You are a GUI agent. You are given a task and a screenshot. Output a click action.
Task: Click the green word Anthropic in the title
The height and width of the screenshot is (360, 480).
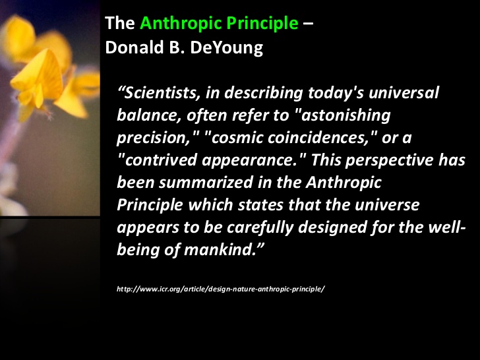181,24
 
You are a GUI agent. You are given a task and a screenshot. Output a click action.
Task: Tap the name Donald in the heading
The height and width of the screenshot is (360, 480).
135,47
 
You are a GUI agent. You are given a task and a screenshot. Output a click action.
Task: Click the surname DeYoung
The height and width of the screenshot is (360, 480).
226,48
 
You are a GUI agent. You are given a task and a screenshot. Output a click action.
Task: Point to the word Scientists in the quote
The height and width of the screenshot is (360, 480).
162,92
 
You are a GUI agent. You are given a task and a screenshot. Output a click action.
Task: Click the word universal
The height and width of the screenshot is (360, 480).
404,92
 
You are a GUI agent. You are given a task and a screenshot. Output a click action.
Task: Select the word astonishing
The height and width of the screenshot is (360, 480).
345,115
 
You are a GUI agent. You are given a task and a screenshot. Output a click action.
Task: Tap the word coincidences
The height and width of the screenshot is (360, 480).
318,137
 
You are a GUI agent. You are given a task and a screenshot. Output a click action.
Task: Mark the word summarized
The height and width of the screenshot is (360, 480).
206,183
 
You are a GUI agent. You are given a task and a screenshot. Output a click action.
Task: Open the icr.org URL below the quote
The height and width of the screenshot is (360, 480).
221,289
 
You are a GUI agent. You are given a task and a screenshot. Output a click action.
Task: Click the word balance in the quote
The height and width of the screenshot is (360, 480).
148,115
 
